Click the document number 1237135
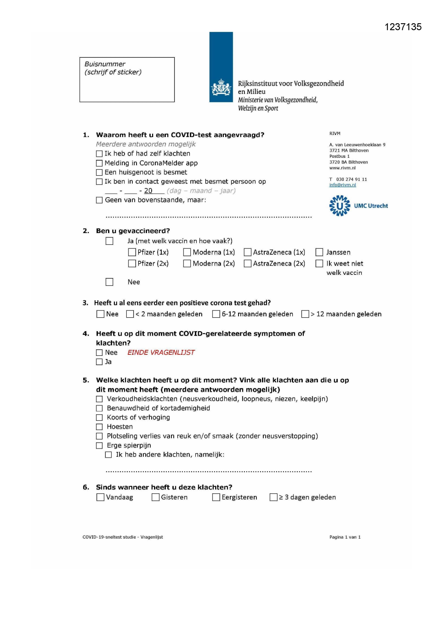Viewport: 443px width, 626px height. pyautogui.click(x=403, y=27)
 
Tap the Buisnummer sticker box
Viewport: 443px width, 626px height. pyautogui.click(x=127, y=80)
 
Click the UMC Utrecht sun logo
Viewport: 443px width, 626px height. pyautogui.click(x=339, y=206)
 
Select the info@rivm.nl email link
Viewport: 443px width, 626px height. pyautogui.click(x=342, y=185)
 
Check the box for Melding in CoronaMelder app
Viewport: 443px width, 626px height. pyautogui.click(x=99, y=163)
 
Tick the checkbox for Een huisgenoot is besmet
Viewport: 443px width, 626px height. pyautogui.click(x=99, y=172)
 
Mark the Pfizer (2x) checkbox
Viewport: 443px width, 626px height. pyautogui.click(x=132, y=263)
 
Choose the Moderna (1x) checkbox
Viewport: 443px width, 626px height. pyautogui.click(x=187, y=252)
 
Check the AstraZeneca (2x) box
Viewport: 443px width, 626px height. pyautogui.click(x=247, y=263)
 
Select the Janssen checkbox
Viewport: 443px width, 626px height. pyautogui.click(x=319, y=252)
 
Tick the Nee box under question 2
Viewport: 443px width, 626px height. pyautogui.click(x=110, y=282)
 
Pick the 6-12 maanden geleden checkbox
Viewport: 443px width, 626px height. pyautogui.click(x=216, y=314)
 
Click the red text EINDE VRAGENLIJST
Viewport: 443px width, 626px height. pyautogui.click(x=161, y=353)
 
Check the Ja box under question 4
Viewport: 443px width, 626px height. pyautogui.click(x=99, y=362)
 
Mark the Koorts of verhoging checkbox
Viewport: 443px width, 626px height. pyautogui.click(x=99, y=418)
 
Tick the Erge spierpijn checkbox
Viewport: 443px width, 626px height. pyautogui.click(x=99, y=445)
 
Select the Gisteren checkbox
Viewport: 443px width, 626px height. pyautogui.click(x=156, y=497)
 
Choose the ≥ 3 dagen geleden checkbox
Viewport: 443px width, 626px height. pyautogui.click(x=273, y=497)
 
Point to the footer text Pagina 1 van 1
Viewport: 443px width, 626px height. pyautogui.click(x=345, y=537)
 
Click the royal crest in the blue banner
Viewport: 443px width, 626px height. pyautogui.click(x=221, y=88)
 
